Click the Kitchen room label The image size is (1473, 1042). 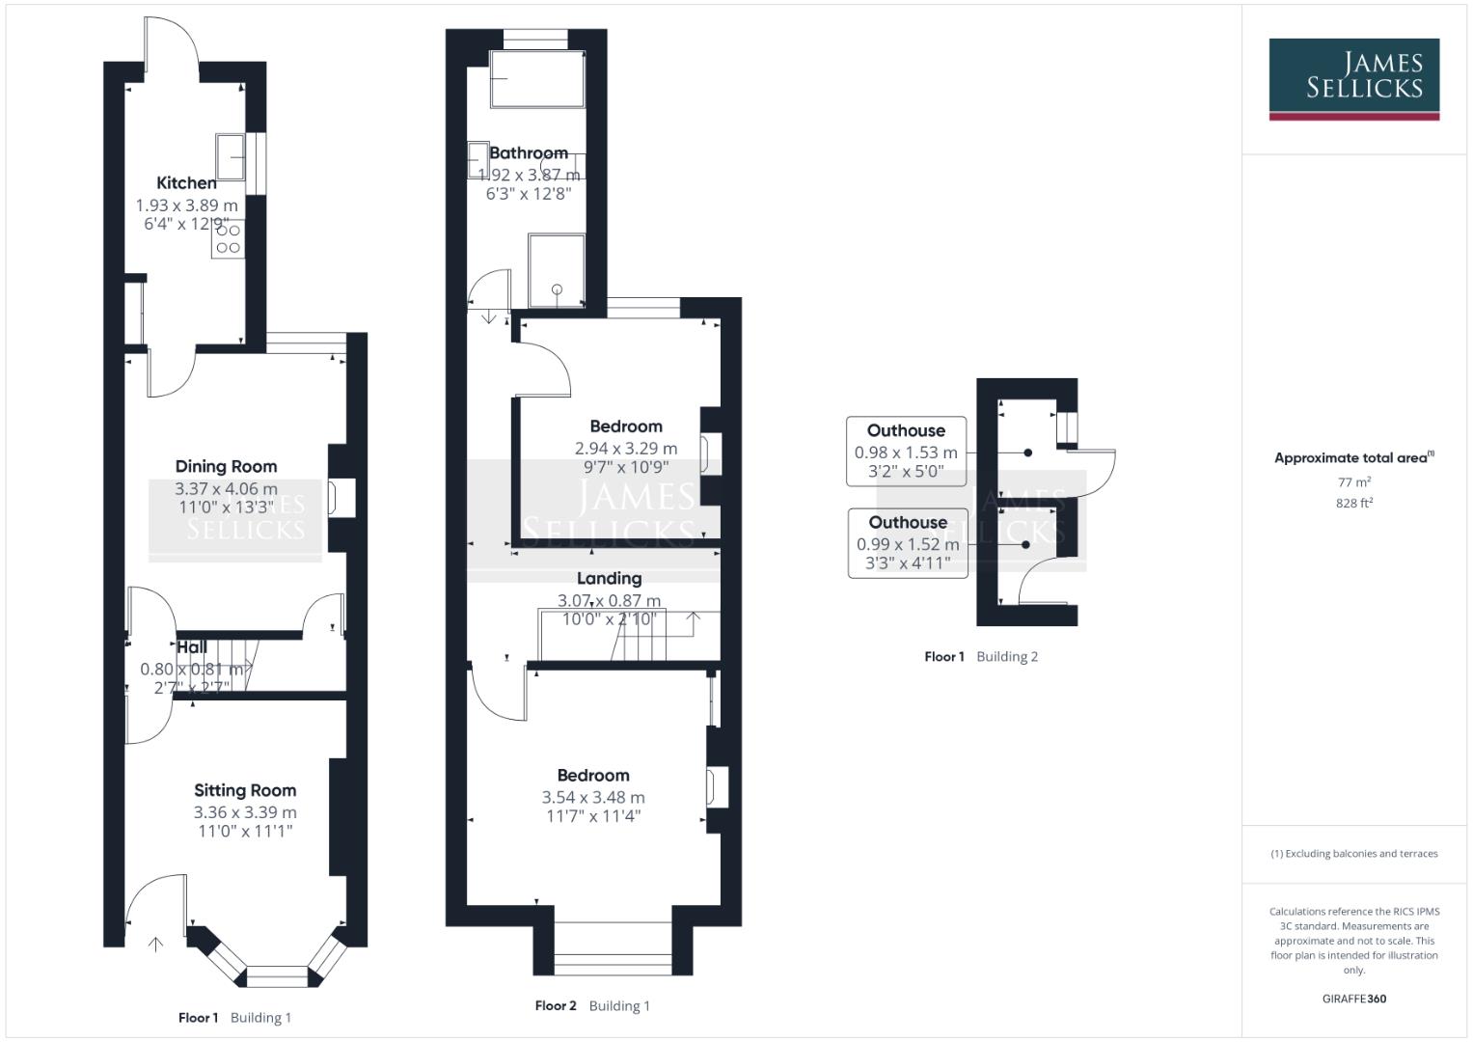[x=186, y=182]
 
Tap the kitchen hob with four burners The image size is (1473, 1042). [x=229, y=239]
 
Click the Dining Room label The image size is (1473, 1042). [x=226, y=466]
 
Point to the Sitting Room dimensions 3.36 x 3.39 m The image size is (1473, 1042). [x=245, y=812]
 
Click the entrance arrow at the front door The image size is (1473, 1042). [x=154, y=944]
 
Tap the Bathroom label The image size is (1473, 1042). [x=528, y=152]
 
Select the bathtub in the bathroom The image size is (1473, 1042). [x=536, y=79]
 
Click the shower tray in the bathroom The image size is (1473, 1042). [x=557, y=270]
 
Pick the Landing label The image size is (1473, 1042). [x=609, y=578]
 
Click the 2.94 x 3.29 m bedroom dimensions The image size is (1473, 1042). [x=626, y=448]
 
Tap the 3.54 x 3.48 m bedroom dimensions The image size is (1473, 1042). [x=593, y=797]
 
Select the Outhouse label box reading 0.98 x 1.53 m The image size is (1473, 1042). [x=906, y=451]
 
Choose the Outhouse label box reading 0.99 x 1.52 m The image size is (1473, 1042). [x=907, y=543]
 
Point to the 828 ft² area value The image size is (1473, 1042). [x=1353, y=503]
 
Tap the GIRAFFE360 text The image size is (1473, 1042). [x=1353, y=999]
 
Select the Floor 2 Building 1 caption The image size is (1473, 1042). [x=592, y=1005]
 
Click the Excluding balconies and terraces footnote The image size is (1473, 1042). [x=1353, y=854]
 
